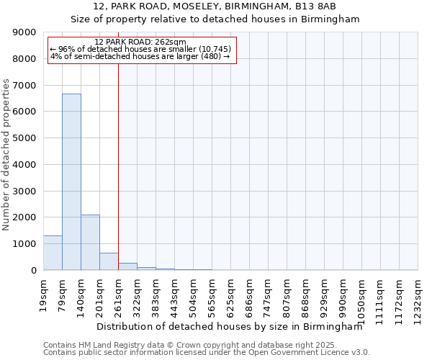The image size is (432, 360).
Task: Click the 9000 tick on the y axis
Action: (22, 32)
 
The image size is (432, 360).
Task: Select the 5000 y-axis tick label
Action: (22, 138)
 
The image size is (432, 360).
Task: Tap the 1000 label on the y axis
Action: (22, 244)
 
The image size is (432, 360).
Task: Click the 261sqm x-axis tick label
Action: (118, 294)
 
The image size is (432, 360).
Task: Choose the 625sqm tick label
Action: (230, 294)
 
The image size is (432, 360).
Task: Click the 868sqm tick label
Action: (305, 294)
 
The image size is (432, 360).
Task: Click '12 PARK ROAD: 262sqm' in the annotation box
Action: (140, 42)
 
